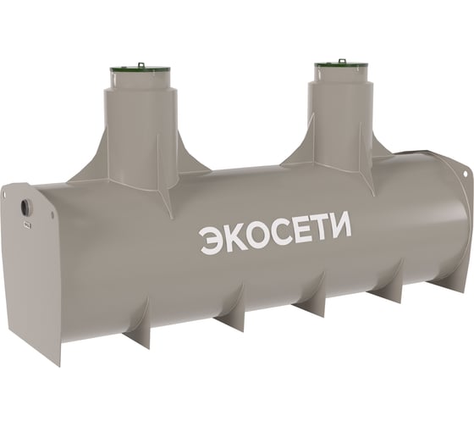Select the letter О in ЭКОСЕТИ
(x=256, y=236)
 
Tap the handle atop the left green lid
(x=141, y=65)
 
